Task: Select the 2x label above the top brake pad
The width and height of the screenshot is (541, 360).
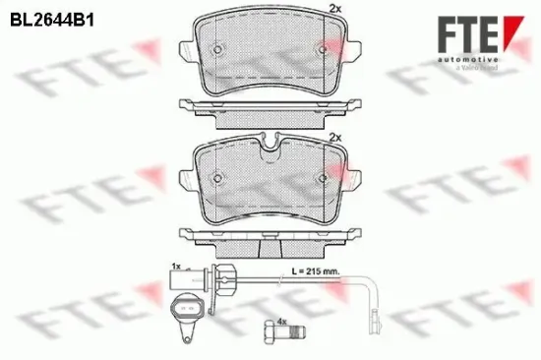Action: pos(333,9)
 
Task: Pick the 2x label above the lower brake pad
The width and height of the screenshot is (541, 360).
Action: pos(333,136)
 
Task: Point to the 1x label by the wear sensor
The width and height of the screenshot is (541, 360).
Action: pos(174,266)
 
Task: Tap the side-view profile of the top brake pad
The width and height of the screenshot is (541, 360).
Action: pos(269,107)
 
